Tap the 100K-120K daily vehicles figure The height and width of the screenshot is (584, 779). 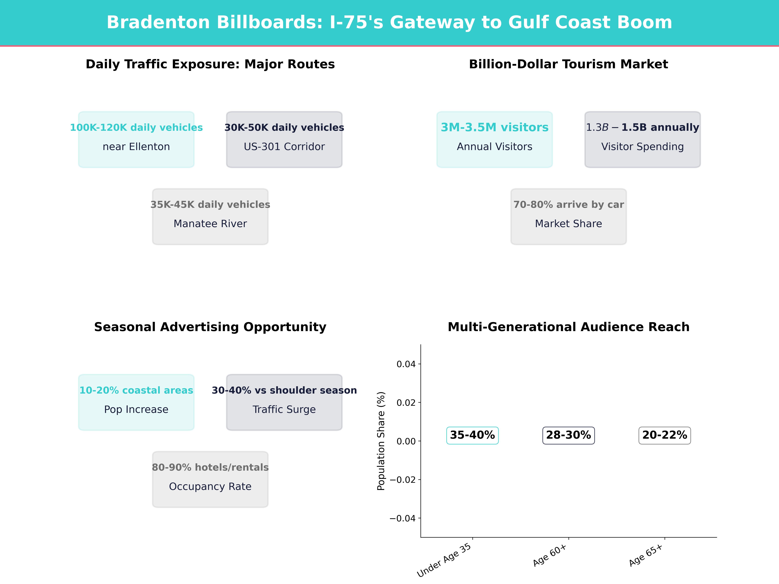(x=136, y=128)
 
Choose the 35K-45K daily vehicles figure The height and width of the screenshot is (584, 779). (x=210, y=205)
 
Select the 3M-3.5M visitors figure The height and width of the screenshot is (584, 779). (x=495, y=128)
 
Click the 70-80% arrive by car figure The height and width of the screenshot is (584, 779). (x=568, y=205)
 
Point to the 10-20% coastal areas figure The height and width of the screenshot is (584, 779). (x=136, y=390)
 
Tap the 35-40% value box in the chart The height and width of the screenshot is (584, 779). (x=472, y=435)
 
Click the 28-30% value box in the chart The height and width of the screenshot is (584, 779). (x=568, y=435)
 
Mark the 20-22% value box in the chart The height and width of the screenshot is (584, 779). (x=665, y=435)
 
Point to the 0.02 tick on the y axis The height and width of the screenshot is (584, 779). (x=406, y=403)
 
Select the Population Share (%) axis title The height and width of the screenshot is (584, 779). (x=381, y=441)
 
